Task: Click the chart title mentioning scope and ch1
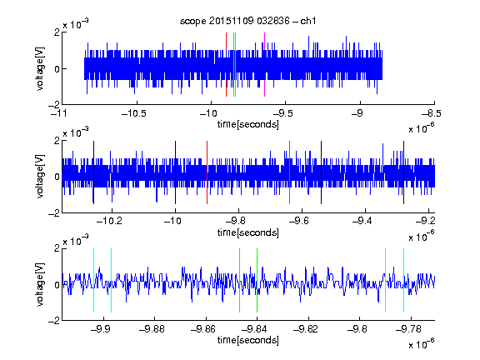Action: (x=247, y=21)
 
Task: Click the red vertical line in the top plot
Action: (x=226, y=65)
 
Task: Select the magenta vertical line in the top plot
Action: (x=264, y=65)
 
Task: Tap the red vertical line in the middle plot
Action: (x=207, y=172)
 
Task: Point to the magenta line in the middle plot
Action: (x=290, y=172)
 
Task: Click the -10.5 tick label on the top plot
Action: (x=134, y=114)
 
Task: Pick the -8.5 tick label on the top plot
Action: (x=432, y=114)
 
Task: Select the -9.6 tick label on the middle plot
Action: (x=298, y=221)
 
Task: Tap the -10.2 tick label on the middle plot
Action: (x=109, y=221)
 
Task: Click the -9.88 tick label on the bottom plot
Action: (x=152, y=329)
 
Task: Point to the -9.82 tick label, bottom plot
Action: (x=306, y=329)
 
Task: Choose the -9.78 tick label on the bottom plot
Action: (x=408, y=329)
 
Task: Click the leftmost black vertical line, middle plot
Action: (x=93, y=172)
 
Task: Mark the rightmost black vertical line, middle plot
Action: (x=403, y=172)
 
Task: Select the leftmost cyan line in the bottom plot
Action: (x=93, y=280)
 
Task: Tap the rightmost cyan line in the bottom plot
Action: (x=403, y=280)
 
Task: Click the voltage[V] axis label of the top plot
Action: (x=40, y=68)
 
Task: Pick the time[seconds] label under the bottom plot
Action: (x=248, y=340)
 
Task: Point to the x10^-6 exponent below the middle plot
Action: (x=421, y=237)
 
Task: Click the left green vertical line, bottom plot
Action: (x=239, y=280)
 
